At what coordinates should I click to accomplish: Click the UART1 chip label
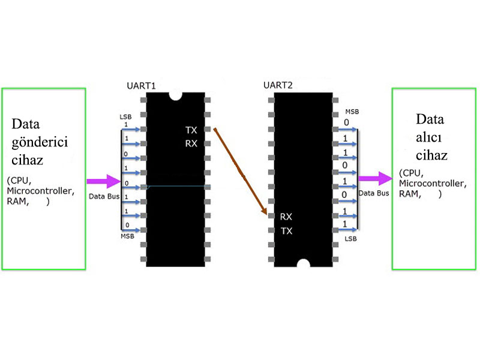click(142, 86)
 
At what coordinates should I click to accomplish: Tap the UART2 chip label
click(278, 85)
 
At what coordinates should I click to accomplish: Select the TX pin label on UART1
click(191, 130)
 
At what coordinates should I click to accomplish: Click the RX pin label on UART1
click(191, 143)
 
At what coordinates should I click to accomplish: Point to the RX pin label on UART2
click(286, 217)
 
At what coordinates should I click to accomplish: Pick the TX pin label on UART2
click(286, 231)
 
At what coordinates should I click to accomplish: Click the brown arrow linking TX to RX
click(240, 171)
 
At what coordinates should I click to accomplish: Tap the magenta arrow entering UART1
click(104, 181)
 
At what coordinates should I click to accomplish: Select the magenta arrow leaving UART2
click(376, 178)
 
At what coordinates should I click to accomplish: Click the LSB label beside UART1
click(125, 116)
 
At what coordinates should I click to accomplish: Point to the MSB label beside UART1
click(127, 236)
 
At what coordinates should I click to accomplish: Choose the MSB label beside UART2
click(352, 112)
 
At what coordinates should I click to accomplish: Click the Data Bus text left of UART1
click(104, 196)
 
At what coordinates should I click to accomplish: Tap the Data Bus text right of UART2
click(374, 193)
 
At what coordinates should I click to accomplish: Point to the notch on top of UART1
click(176, 95)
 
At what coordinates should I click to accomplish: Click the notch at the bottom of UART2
click(304, 263)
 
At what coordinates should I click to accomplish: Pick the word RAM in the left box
click(17, 202)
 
